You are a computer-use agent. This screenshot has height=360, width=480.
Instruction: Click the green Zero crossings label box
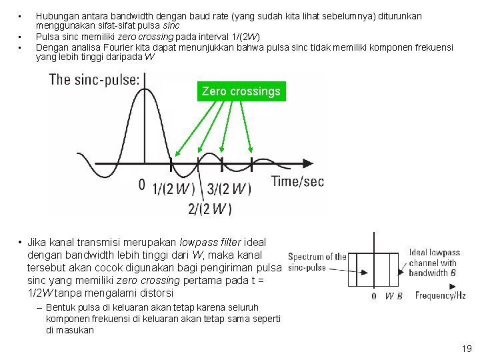tap(241, 91)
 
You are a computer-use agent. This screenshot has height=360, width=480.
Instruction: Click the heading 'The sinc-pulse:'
tap(95, 80)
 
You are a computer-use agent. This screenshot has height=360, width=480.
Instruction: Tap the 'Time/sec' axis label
tap(297, 181)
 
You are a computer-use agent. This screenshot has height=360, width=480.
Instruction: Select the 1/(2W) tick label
tap(174, 189)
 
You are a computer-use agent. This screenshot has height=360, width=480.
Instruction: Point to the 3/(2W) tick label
tap(229, 189)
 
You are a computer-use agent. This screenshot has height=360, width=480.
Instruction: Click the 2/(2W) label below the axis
tap(210, 209)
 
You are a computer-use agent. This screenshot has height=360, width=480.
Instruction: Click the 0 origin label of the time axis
tap(141, 185)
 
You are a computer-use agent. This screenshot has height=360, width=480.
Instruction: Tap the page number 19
tap(466, 348)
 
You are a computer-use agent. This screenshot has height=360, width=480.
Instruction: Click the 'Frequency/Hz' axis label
tap(440, 295)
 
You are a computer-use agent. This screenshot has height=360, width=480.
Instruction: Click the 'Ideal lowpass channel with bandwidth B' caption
tap(434, 263)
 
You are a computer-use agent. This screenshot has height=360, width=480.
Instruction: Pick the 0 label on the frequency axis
tap(373, 296)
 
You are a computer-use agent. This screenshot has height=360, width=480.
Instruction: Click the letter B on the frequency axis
tap(398, 296)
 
